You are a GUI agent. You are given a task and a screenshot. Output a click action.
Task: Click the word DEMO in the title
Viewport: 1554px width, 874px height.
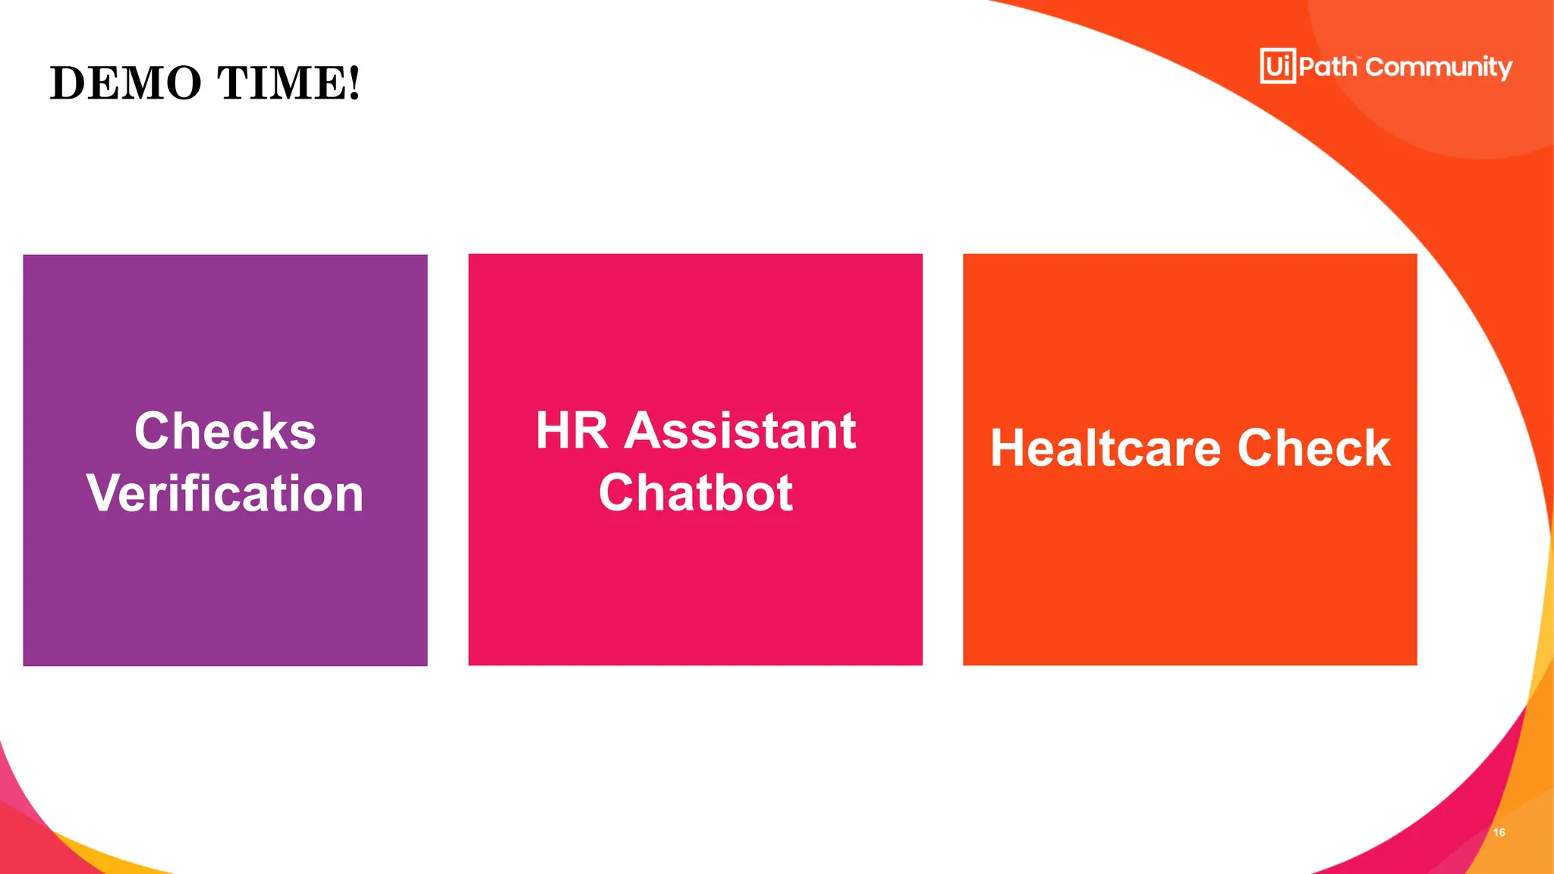pos(126,83)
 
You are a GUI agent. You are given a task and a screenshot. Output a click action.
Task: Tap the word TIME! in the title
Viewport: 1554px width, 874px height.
pos(288,83)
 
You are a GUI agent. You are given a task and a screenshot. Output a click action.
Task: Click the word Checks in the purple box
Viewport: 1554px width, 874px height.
pos(225,431)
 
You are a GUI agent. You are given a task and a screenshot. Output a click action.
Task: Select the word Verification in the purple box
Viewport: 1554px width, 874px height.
pos(225,493)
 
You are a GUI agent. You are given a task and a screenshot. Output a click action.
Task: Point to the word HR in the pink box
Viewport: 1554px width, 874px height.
pos(571,431)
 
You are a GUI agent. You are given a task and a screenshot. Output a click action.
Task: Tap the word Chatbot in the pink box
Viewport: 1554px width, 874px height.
pos(695,493)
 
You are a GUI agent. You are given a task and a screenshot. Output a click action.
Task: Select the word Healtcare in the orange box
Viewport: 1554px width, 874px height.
pos(1106,448)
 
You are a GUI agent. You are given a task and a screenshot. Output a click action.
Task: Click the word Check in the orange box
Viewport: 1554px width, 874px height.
pos(1314,448)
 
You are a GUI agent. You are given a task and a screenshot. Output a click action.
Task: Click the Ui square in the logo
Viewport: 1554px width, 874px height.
pos(1278,66)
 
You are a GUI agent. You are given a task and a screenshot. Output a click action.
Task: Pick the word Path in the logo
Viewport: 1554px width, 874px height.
pos(1327,67)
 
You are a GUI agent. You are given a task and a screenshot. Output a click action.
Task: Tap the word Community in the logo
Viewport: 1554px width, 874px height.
pos(1439,68)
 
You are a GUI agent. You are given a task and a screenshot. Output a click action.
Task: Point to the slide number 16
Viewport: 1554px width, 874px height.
pos(1499,832)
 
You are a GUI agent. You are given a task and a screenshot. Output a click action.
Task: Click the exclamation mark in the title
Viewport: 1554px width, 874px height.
pos(353,83)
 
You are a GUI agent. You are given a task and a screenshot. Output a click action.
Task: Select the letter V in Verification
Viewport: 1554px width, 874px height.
pos(103,493)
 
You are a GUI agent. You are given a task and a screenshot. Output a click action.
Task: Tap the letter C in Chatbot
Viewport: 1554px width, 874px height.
pos(617,493)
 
